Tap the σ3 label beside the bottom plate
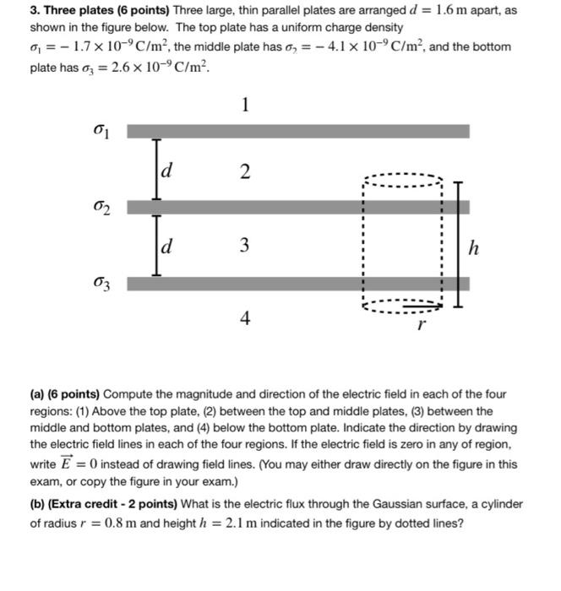click(102, 282)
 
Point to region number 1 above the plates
click(245, 106)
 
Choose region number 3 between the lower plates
click(245, 246)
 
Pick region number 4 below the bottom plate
click(245, 319)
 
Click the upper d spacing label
click(167, 171)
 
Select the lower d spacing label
click(167, 246)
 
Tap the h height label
click(477, 247)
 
